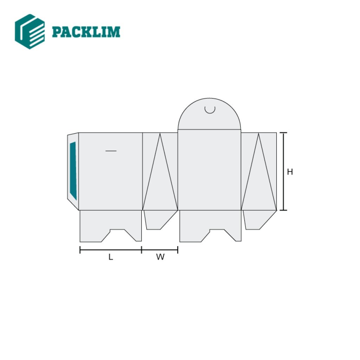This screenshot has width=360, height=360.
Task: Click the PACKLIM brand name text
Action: [86, 32]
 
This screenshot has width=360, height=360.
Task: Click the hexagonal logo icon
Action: [30, 32]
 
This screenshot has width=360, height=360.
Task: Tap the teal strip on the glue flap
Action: [73, 170]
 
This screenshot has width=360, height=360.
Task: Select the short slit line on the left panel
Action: [111, 151]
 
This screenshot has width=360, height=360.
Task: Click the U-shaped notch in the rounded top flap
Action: [210, 110]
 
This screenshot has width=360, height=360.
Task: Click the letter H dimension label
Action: [290, 172]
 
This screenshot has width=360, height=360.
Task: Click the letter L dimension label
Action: [111, 257]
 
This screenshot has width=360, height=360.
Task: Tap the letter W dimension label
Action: [160, 257]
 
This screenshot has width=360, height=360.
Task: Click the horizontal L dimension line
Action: [111, 250]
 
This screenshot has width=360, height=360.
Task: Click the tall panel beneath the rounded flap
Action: [210, 170]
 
